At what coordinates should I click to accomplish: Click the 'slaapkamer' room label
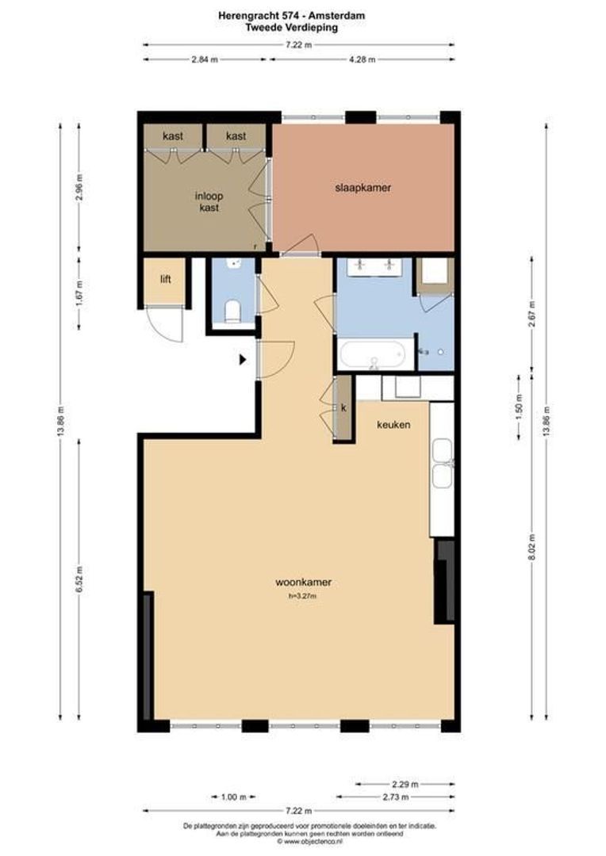coord(363,188)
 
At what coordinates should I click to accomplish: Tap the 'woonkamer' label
coord(303,582)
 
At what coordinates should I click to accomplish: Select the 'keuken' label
coord(393,425)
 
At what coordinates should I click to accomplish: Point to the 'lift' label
coord(165,279)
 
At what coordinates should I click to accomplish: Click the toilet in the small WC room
coord(232,311)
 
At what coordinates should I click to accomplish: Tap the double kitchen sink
coord(441,464)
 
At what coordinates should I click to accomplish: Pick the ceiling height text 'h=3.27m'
coord(302,596)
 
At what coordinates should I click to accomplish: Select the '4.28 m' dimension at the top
coord(362,59)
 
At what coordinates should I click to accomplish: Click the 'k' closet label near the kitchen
coord(343,407)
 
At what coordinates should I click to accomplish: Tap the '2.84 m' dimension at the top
coord(205,59)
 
